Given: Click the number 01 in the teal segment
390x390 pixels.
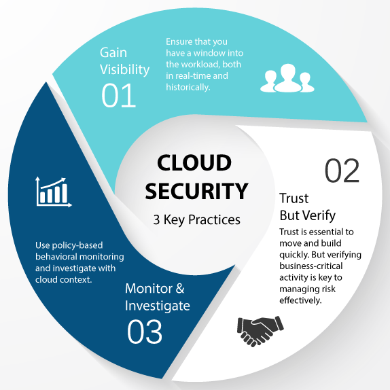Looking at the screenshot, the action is click(119, 96).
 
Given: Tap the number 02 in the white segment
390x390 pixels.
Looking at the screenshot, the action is click(342, 171).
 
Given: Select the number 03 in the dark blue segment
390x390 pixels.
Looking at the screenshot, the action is click(145, 332).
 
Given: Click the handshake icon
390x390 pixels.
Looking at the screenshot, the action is click(260, 331).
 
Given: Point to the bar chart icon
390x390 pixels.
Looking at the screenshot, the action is click(54, 192).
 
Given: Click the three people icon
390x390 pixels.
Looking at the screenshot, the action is click(287, 78).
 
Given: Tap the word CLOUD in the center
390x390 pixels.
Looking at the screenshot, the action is click(194, 162).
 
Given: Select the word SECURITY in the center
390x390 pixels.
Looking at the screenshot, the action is click(196, 191).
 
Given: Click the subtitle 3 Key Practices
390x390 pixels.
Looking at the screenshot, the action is click(197, 219).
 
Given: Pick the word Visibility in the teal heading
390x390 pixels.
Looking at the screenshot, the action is click(124, 69).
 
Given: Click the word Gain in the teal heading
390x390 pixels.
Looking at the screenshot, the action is click(113, 53).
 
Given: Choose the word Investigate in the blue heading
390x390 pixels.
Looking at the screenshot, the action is click(158, 306).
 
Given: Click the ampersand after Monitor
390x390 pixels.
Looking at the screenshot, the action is click(180, 289).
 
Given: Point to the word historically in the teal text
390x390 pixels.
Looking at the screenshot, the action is click(188, 87).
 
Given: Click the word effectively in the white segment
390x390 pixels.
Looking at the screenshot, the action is click(300, 300).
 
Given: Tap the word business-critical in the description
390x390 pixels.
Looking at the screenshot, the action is click(311, 266).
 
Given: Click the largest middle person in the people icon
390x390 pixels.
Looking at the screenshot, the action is click(288, 77).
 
